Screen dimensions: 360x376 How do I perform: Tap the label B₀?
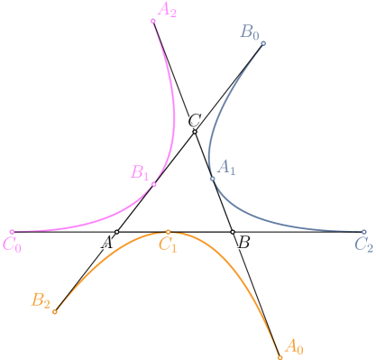coord(250,32)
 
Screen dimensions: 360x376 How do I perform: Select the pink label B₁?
coord(140,172)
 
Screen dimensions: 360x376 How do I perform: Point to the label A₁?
coord(226,168)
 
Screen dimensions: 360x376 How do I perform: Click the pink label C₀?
coord(13,244)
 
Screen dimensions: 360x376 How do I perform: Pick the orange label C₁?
coord(169,244)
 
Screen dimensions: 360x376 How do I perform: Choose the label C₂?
coord(364,244)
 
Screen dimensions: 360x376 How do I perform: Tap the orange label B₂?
coord(41,300)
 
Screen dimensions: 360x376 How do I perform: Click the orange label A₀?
coord(294,346)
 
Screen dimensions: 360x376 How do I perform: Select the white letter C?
coord(194,120)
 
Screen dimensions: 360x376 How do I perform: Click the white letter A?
coord(106,241)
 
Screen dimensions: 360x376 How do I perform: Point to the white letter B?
coord(243,241)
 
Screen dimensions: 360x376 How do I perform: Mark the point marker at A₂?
coord(153,20)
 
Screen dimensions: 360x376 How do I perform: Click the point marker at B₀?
coord(263,42)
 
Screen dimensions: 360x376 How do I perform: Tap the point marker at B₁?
coord(154,184)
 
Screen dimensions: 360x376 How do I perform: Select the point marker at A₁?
coord(213,179)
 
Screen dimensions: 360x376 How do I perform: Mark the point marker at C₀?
coord(12,232)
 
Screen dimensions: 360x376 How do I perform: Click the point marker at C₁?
coord(169,232)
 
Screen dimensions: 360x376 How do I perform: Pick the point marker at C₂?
coord(364,232)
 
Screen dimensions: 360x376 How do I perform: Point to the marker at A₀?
coord(280,357)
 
